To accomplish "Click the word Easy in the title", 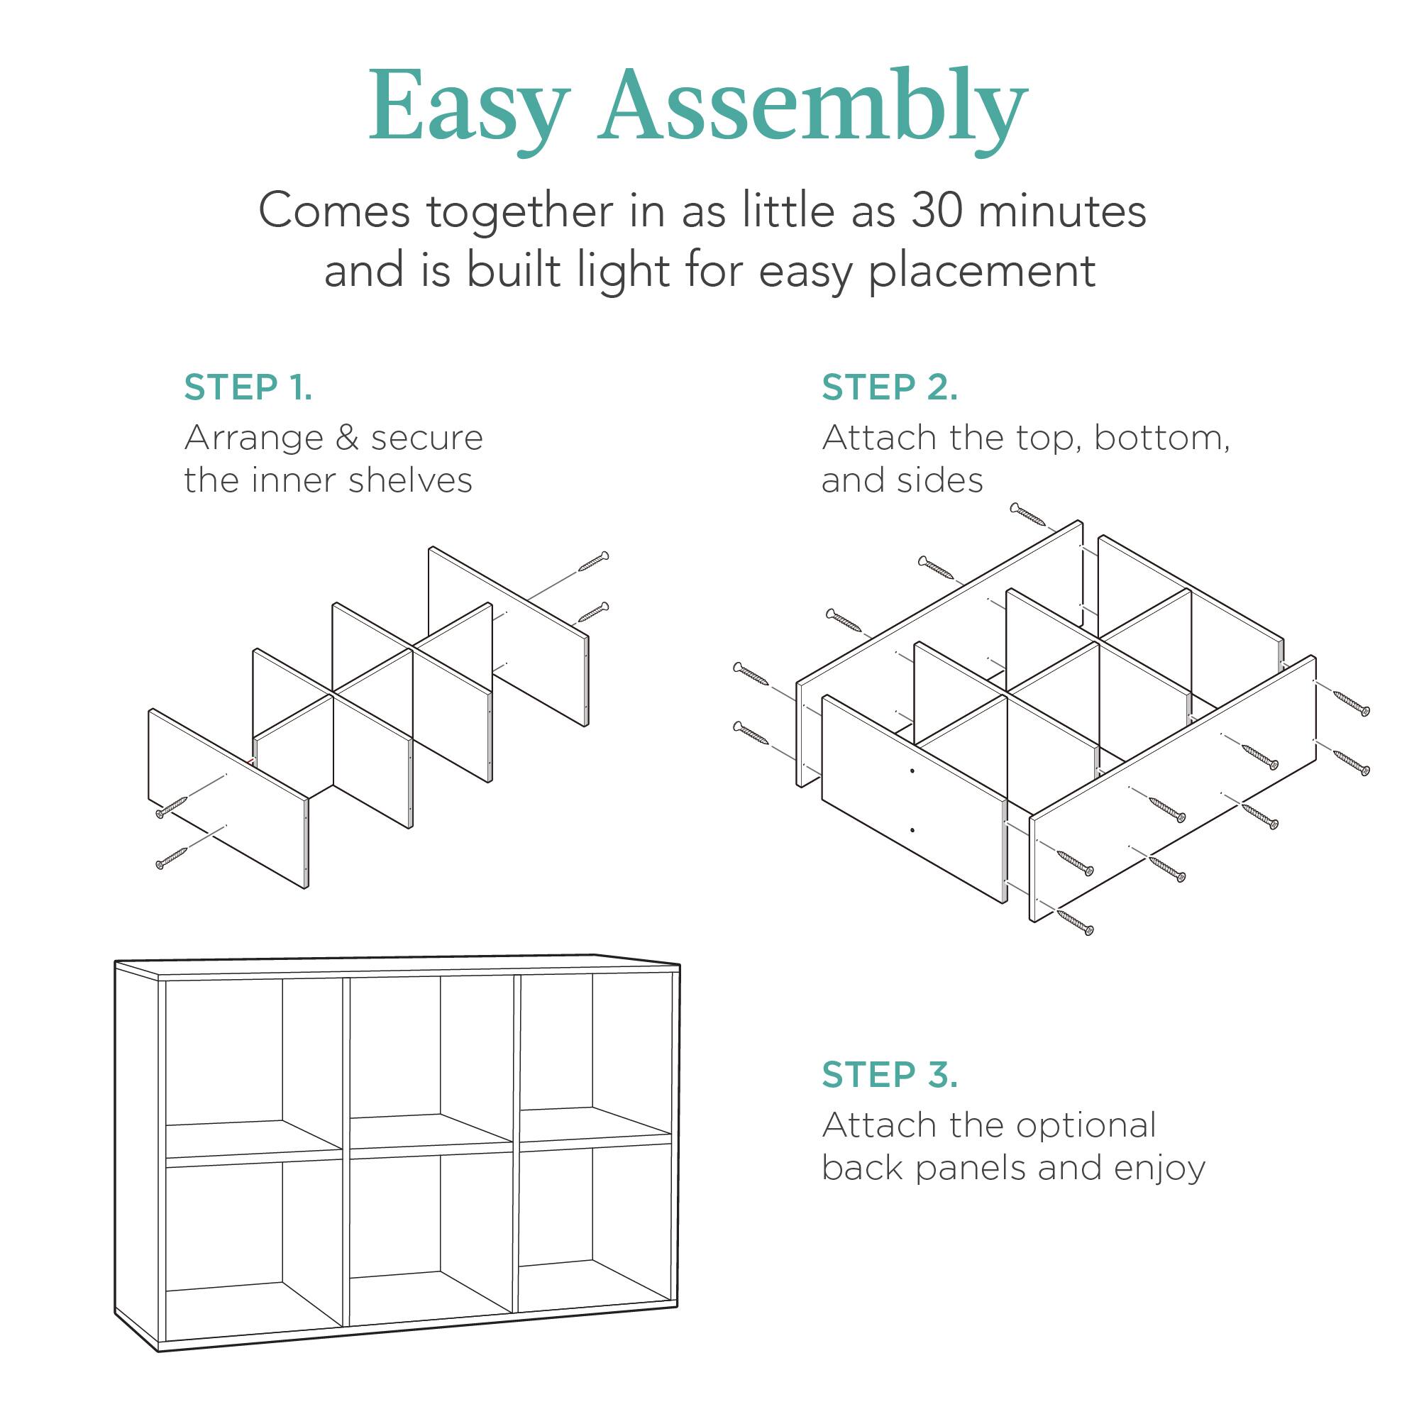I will [x=468, y=107].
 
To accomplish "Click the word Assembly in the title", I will [x=814, y=107].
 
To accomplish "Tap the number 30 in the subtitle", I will [x=937, y=211].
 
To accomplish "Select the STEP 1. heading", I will [x=248, y=388].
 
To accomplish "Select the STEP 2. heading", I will [x=890, y=388].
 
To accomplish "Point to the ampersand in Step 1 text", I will [x=346, y=438].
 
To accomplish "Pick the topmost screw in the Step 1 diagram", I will [x=593, y=561].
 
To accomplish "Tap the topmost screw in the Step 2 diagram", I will [x=1027, y=515].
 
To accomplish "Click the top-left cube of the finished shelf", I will [x=250, y=1061].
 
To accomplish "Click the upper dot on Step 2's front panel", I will [x=912, y=771].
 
